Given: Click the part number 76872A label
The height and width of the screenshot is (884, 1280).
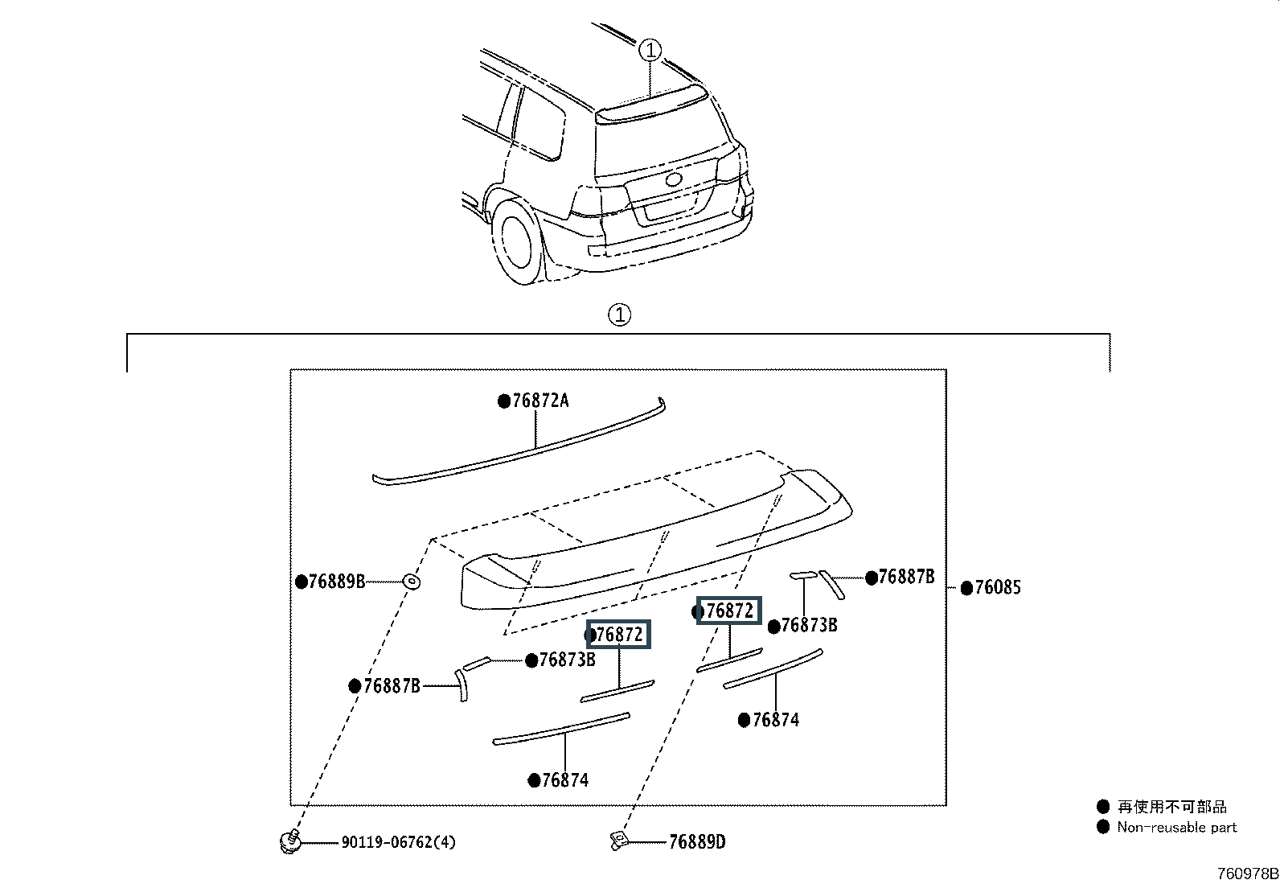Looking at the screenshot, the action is coord(540,401).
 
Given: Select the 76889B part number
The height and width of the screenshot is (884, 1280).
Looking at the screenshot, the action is coord(337,582).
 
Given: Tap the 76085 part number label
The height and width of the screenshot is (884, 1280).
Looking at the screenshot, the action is coord(998,587).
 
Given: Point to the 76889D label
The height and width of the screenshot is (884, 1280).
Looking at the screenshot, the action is coord(697,841).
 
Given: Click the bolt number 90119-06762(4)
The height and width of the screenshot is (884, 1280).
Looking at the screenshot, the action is coord(399,842).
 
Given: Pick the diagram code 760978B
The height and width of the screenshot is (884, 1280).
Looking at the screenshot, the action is coord(1247,874).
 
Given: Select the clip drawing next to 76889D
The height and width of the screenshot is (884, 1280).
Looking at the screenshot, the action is coord(618,841).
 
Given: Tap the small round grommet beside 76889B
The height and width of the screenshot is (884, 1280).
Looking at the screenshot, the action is coord(412,582).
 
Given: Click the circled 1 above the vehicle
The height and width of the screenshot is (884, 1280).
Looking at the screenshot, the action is coord(650,51).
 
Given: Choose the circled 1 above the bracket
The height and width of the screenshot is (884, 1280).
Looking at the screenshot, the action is coord(619,315).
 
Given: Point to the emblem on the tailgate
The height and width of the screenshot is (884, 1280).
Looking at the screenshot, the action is coord(674,179).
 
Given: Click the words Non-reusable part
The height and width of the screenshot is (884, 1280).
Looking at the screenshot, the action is coord(1176,827).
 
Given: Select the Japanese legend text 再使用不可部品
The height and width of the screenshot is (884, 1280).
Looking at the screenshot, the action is coord(1172,806).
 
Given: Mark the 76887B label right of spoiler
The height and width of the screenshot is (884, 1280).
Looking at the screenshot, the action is coord(906,577).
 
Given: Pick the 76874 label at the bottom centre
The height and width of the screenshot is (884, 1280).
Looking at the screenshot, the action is coord(565,780).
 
